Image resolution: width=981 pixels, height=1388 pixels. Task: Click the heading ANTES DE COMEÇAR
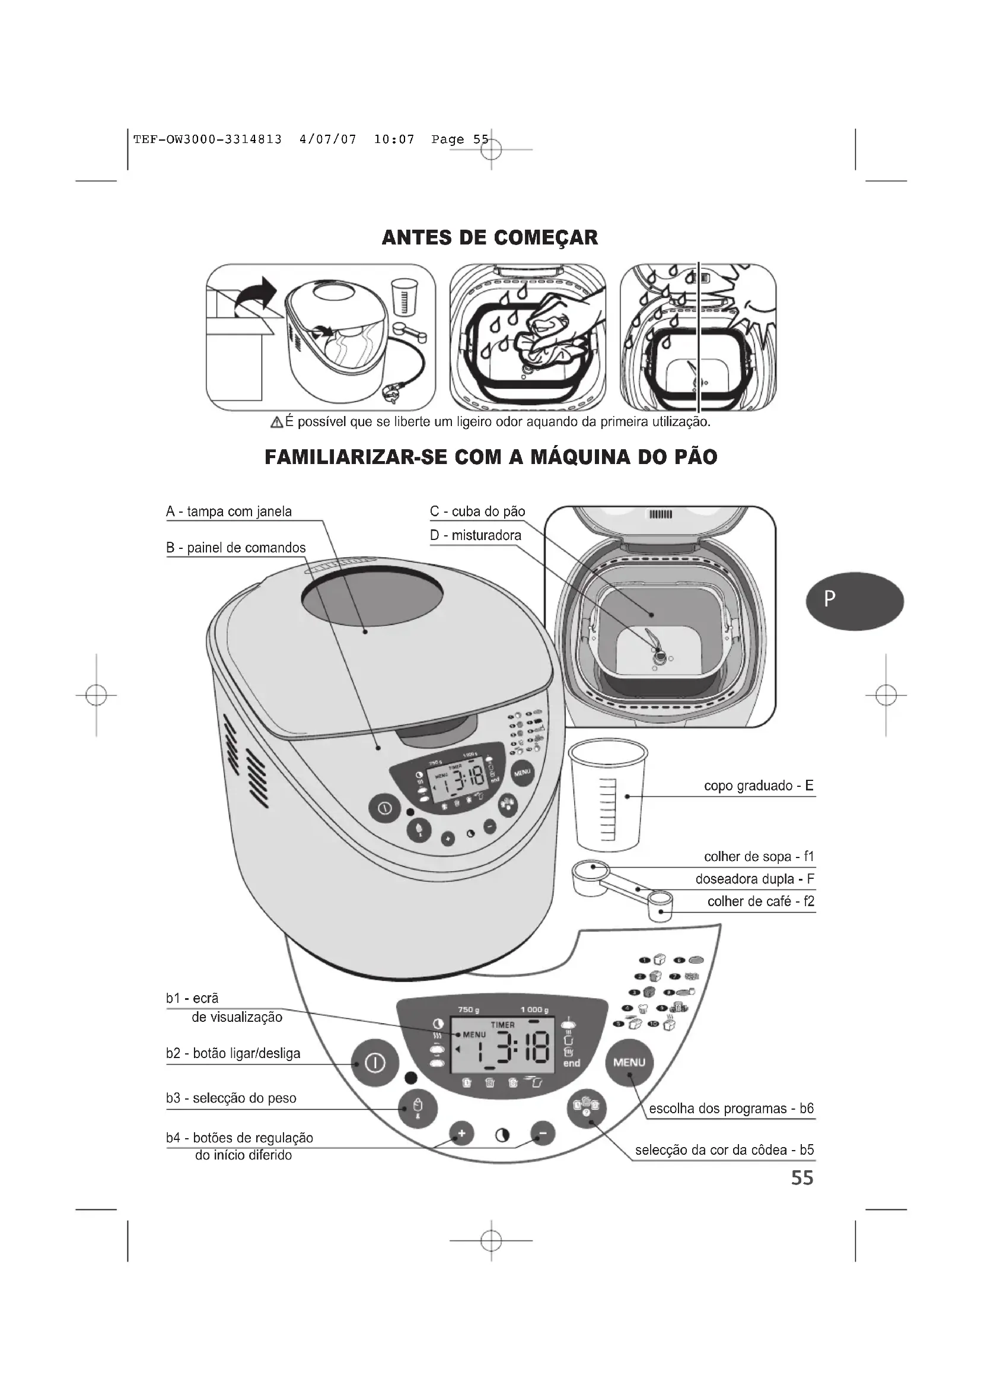pos(490,237)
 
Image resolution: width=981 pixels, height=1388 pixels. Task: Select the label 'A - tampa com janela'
pos(229,512)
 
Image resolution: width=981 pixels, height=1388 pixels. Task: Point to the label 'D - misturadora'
pos(476,535)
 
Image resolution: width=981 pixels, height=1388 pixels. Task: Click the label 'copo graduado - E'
pos(759,786)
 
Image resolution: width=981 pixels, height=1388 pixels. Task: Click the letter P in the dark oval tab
pos(830,599)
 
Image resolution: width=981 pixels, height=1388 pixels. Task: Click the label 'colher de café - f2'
pos(760,901)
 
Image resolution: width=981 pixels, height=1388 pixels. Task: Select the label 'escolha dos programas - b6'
pos(731,1109)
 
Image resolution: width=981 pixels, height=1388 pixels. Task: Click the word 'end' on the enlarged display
pos(571,1063)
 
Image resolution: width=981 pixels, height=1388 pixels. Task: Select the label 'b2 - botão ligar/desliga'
pos(233,1053)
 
